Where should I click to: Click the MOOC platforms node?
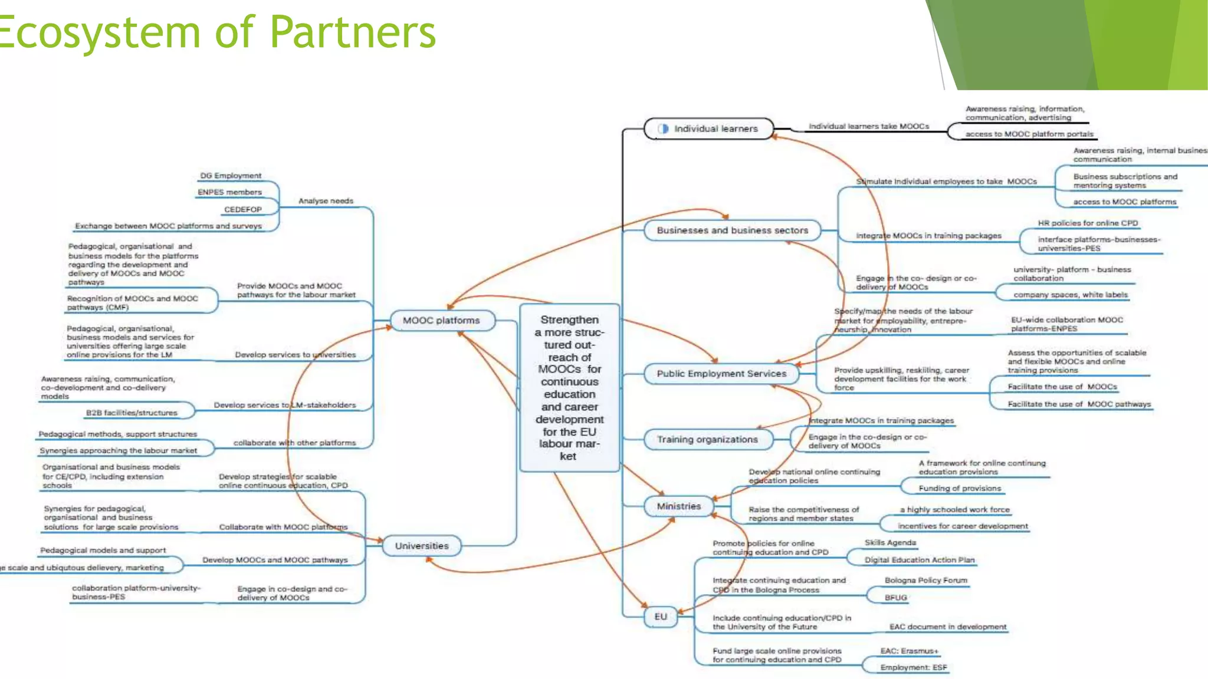pyautogui.click(x=441, y=321)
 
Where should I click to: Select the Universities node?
pyautogui.click(x=422, y=546)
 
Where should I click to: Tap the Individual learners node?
pyautogui.click(x=709, y=128)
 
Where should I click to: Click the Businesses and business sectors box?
pyautogui.click(x=731, y=230)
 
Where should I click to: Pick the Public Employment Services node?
pyautogui.click(x=721, y=374)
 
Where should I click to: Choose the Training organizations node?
pyautogui.click(x=707, y=440)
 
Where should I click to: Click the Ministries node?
pyautogui.click(x=678, y=506)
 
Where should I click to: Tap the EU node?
pyautogui.click(x=661, y=617)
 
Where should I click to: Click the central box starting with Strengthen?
pyautogui.click(x=569, y=387)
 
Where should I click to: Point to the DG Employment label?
pyautogui.click(x=230, y=176)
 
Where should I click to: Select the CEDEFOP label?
pyautogui.click(x=242, y=209)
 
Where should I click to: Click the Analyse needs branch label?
pyautogui.click(x=326, y=201)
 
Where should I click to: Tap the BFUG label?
pyautogui.click(x=895, y=598)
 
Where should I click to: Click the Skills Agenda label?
pyautogui.click(x=890, y=543)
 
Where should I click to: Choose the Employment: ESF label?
pyautogui.click(x=913, y=667)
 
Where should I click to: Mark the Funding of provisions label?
pyautogui.click(x=960, y=488)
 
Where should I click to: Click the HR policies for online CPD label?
pyautogui.click(x=1088, y=223)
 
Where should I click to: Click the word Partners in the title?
pyautogui.click(x=353, y=32)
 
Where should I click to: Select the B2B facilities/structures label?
pyautogui.click(x=132, y=413)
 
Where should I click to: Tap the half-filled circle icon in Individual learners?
pyautogui.click(x=663, y=128)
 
